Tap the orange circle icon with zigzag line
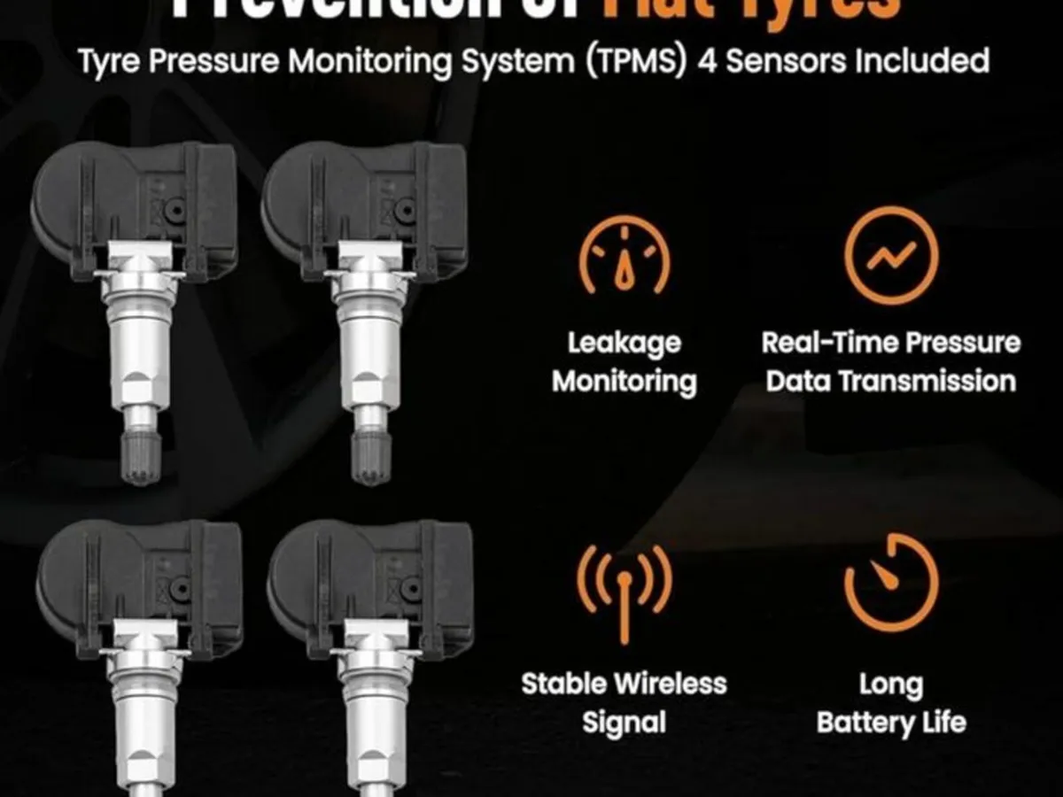point(890,255)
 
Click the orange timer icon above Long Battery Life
point(890,583)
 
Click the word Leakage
point(625,344)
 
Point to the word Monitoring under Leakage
point(625,382)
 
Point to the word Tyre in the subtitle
point(110,61)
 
